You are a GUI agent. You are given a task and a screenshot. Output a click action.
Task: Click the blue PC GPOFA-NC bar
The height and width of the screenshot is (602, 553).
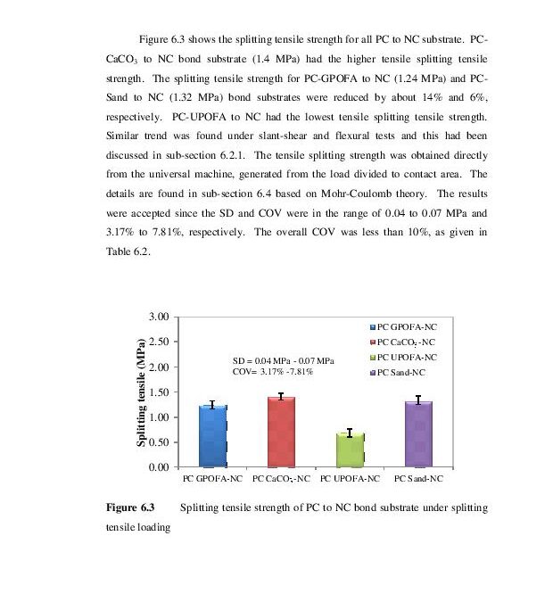[212, 436]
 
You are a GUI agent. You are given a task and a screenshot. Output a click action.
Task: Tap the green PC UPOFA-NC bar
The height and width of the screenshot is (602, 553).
[350, 449]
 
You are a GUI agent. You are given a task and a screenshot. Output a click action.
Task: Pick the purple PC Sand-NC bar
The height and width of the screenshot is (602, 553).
[418, 433]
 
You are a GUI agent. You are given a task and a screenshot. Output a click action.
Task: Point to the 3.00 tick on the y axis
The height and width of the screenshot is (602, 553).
[158, 317]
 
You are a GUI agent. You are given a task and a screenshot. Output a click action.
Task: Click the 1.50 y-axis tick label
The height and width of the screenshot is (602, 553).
[158, 392]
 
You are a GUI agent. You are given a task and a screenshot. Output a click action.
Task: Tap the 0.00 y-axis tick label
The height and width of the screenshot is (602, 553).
[158, 467]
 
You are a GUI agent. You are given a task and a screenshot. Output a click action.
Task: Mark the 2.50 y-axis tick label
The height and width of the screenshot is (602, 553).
[158, 342]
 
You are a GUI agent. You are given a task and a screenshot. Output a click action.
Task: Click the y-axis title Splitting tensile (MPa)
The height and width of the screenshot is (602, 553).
[141, 392]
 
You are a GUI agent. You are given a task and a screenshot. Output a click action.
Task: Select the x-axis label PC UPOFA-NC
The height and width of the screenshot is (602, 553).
[350, 479]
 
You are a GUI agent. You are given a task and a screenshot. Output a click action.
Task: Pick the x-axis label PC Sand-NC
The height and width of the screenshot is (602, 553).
[418, 479]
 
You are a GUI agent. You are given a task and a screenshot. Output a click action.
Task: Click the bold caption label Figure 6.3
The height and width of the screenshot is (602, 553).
[129, 507]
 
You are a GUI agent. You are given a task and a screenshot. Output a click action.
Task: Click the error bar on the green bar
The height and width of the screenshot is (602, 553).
[350, 433]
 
